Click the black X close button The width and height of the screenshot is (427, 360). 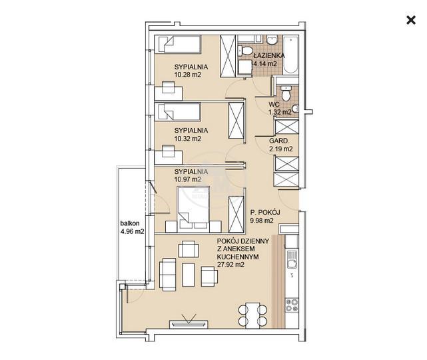(x=411, y=21)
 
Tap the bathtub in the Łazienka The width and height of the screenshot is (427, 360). (x=290, y=55)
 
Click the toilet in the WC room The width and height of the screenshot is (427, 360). (x=286, y=93)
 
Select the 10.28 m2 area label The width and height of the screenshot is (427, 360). (x=188, y=75)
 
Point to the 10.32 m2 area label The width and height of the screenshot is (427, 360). (x=188, y=139)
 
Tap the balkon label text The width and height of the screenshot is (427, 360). (x=130, y=223)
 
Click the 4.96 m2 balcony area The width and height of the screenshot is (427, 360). (x=133, y=231)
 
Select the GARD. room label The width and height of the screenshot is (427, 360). (x=279, y=141)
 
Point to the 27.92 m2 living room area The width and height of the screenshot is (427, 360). (x=230, y=265)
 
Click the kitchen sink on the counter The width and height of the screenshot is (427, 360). (x=292, y=260)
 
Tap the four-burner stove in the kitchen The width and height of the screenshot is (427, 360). (x=292, y=305)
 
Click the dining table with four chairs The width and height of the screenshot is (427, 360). (x=252, y=315)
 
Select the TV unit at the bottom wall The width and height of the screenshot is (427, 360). (x=189, y=324)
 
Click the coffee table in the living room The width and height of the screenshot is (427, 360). (x=188, y=275)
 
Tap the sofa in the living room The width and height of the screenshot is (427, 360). (x=167, y=275)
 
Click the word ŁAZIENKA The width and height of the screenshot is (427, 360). (x=269, y=55)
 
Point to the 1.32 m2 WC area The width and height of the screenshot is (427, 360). (x=280, y=112)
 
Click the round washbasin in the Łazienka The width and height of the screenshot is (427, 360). (x=272, y=41)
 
